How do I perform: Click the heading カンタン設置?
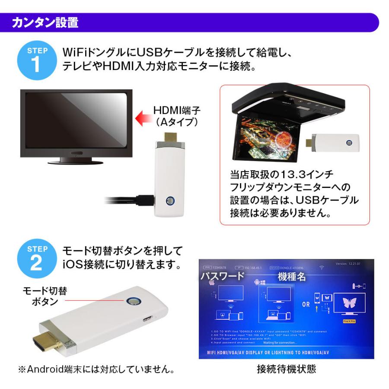(45, 22)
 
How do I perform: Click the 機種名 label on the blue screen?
(292, 277)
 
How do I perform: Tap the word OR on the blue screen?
(306, 304)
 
